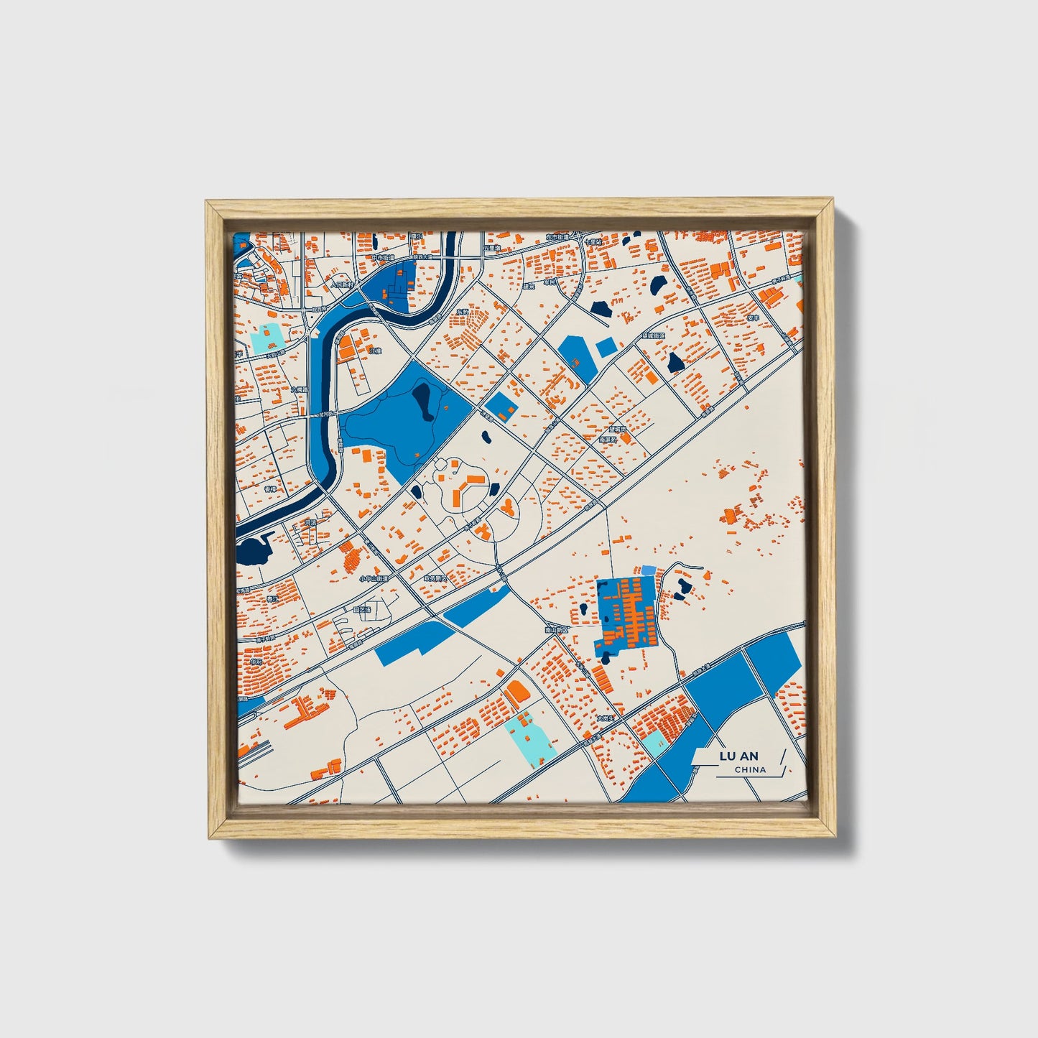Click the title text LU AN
click(x=738, y=756)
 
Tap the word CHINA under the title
click(x=750, y=769)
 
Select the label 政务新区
click(x=435, y=578)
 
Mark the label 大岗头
click(x=605, y=717)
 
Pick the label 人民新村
click(x=343, y=284)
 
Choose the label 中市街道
click(x=383, y=257)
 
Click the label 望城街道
click(x=654, y=335)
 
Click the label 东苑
click(x=462, y=312)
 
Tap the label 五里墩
click(x=491, y=248)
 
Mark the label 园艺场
click(x=363, y=610)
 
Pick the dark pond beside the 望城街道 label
click(x=675, y=362)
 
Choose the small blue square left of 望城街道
click(x=606, y=348)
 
